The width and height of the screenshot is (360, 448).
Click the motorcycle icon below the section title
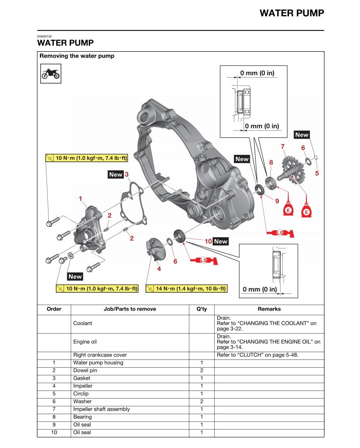pyautogui.click(x=51, y=74)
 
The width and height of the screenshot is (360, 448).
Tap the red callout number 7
pyautogui.click(x=283, y=146)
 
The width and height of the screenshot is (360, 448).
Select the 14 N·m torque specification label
pyautogui.click(x=187, y=288)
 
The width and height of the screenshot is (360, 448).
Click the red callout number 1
pyautogui.click(x=81, y=199)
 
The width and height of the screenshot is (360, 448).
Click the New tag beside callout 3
pyautogui.click(x=115, y=175)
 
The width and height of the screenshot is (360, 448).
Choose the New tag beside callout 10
pyautogui.click(x=221, y=241)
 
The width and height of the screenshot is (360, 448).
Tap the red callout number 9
pyautogui.click(x=277, y=201)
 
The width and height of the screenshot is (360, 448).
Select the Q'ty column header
pyautogui.click(x=202, y=309)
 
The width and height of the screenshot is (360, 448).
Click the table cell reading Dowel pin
pyautogui.click(x=85, y=370)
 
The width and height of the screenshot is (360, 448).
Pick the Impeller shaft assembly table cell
pyautogui.click(x=102, y=409)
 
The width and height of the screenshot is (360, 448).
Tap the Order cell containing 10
pyautogui.click(x=54, y=432)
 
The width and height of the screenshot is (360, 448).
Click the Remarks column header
pyautogui.click(x=269, y=309)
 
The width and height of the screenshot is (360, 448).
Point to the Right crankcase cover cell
pyautogui.click(x=100, y=355)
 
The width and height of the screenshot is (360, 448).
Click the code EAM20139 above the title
pyautogui.click(x=45, y=36)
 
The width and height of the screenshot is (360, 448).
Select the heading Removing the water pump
pyautogui.click(x=77, y=56)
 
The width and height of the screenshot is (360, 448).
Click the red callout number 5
pyautogui.click(x=317, y=174)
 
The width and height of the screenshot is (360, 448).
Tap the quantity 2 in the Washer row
pyautogui.click(x=202, y=401)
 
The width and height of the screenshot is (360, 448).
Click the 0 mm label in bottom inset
pyautogui.click(x=260, y=289)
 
